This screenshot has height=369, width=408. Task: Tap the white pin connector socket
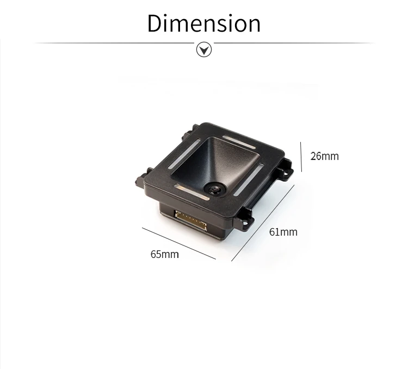(x=191, y=220)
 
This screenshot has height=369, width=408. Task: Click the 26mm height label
(x=324, y=156)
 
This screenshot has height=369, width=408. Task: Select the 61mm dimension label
(x=283, y=232)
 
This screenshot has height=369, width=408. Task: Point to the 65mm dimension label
(x=165, y=254)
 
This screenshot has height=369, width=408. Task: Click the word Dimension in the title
(x=204, y=23)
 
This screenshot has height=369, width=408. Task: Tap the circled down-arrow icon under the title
(x=204, y=50)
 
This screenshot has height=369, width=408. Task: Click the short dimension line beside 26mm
(x=301, y=157)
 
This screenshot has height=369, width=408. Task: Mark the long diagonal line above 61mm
(x=263, y=223)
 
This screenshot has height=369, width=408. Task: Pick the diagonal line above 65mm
(x=179, y=243)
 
